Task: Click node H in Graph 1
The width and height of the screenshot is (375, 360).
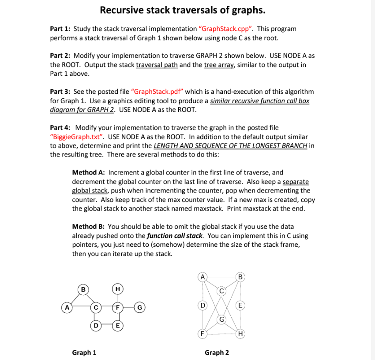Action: [117, 289]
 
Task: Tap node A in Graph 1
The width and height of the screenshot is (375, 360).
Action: [67, 308]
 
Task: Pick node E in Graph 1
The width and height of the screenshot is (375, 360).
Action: [117, 326]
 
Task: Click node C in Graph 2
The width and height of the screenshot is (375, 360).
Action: [222, 290]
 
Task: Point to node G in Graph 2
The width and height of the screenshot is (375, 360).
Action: [222, 319]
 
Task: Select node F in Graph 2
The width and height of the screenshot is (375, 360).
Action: [202, 334]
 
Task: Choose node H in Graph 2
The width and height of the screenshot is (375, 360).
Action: [240, 334]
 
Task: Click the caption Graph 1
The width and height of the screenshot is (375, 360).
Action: [84, 353]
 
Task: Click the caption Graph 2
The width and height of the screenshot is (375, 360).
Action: [217, 353]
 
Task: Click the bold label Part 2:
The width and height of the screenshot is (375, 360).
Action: [60, 56]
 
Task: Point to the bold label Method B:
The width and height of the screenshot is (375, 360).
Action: [89, 226]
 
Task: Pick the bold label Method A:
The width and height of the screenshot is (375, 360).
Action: [89, 172]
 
